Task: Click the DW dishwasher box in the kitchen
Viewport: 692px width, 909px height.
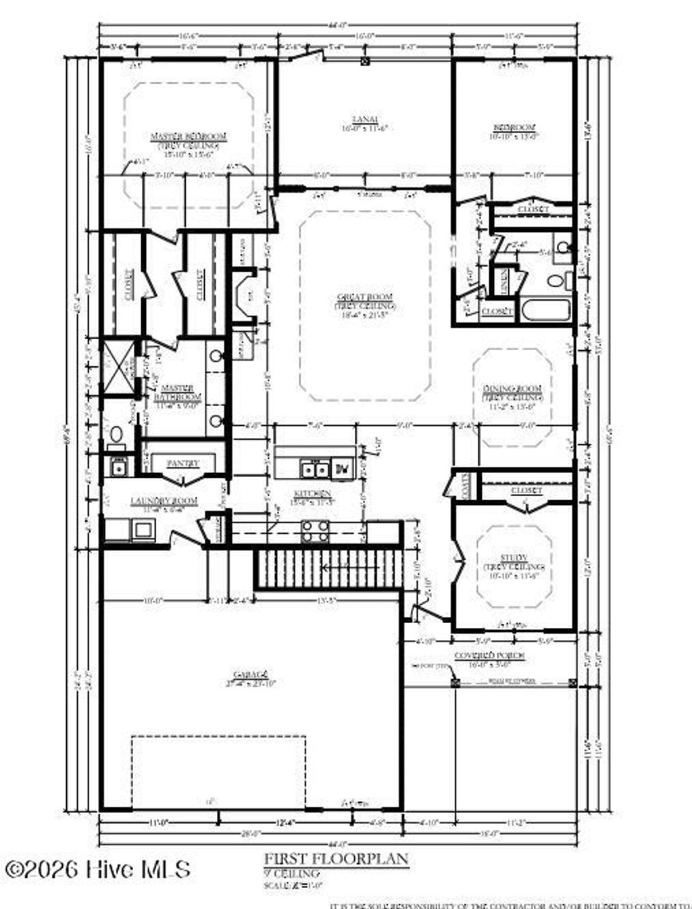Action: pyautogui.click(x=343, y=468)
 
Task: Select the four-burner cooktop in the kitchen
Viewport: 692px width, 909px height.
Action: pyautogui.click(x=315, y=531)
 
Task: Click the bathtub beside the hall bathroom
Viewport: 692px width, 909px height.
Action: pyautogui.click(x=546, y=311)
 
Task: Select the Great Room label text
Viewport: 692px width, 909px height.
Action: pyautogui.click(x=365, y=297)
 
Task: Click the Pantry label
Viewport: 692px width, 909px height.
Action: pyautogui.click(x=183, y=464)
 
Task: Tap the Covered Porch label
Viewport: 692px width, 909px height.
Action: pyautogui.click(x=489, y=656)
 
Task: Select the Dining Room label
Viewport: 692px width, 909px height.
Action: pyautogui.click(x=512, y=389)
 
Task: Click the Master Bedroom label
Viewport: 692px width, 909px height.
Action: pyautogui.click(x=189, y=137)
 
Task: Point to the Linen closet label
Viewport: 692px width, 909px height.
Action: pyautogui.click(x=501, y=280)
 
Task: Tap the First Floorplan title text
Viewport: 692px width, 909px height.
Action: pyautogui.click(x=336, y=858)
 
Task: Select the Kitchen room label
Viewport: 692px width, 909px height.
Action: pyautogui.click(x=311, y=494)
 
